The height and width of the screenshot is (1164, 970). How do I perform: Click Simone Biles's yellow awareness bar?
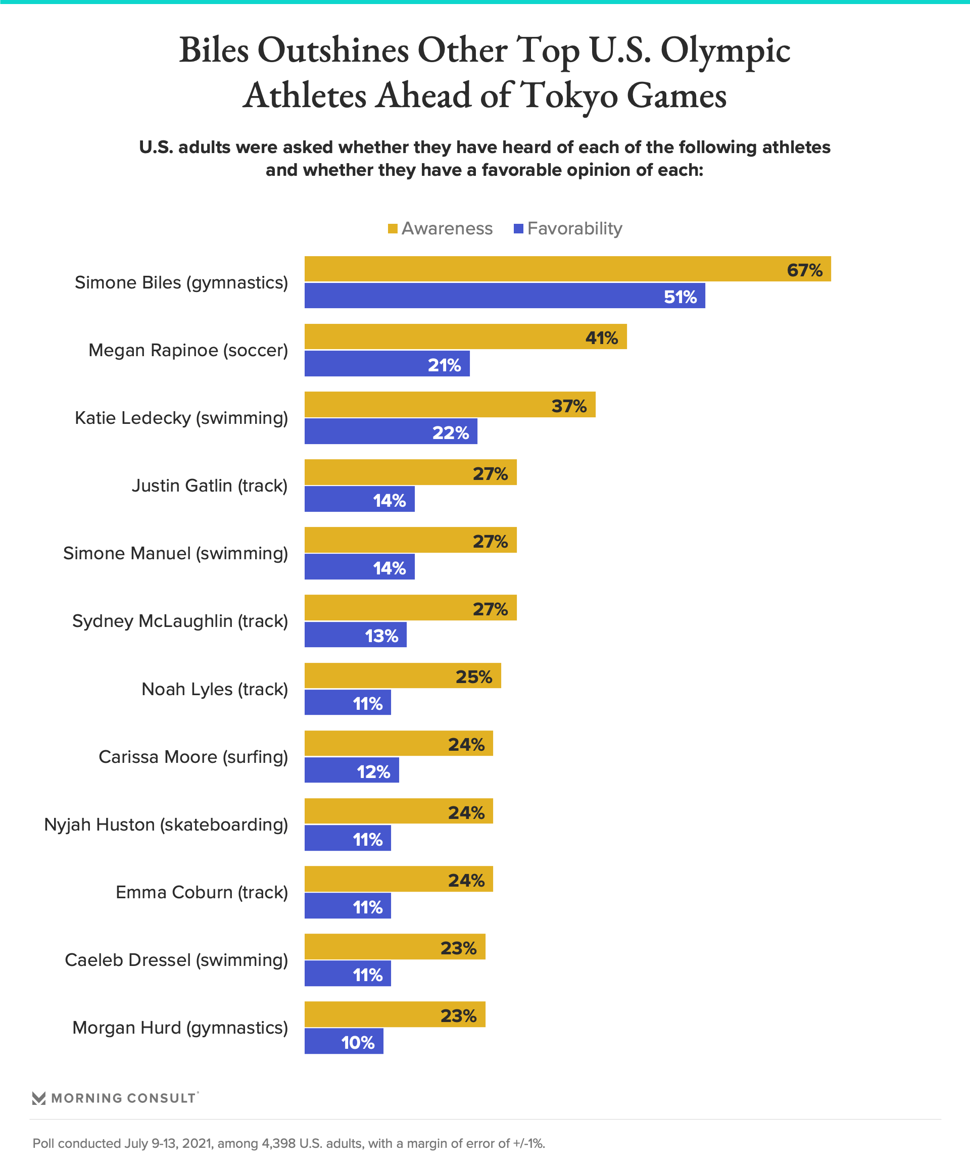pyautogui.click(x=567, y=269)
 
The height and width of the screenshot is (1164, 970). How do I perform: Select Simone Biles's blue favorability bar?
pyautogui.click(x=504, y=296)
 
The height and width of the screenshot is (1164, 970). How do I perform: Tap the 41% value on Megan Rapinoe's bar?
pyautogui.click(x=601, y=337)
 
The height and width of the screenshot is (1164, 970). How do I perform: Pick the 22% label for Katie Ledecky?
pyautogui.click(x=450, y=432)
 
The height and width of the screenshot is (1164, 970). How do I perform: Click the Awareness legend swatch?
pyautogui.click(x=393, y=228)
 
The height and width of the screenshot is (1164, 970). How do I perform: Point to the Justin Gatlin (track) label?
pyautogui.click(x=210, y=486)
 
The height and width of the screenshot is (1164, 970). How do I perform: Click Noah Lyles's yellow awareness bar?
pyautogui.click(x=403, y=675)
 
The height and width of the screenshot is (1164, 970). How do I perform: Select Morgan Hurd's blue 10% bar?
pyautogui.click(x=344, y=1041)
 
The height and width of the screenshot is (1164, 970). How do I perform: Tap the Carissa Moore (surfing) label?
pyautogui.click(x=193, y=757)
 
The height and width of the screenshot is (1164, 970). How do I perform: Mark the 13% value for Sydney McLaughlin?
pyautogui.click(x=381, y=636)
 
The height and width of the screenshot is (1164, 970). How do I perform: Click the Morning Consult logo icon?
pyautogui.click(x=39, y=1097)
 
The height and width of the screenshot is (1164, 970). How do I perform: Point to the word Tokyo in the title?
pyautogui.click(x=570, y=95)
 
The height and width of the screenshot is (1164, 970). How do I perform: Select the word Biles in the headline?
pyautogui.click(x=214, y=50)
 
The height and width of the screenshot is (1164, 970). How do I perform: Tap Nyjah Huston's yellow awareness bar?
pyautogui.click(x=399, y=811)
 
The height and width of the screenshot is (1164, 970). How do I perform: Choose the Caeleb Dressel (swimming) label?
pyautogui.click(x=176, y=959)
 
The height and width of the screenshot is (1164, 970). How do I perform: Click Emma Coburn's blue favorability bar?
pyautogui.click(x=348, y=905)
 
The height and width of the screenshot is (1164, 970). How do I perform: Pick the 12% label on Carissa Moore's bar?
pyautogui.click(x=373, y=771)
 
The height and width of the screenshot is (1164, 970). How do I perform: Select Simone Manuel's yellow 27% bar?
pyautogui.click(x=410, y=540)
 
